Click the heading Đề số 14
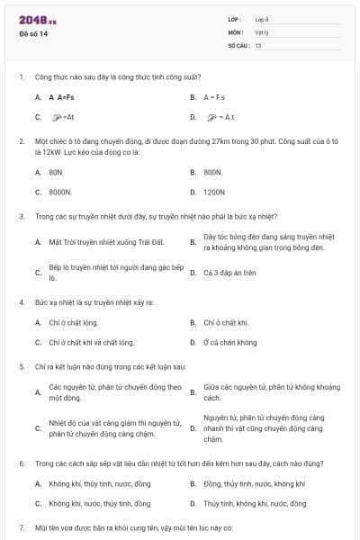click(33, 34)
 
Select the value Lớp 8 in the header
click(262, 20)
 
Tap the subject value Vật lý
click(262, 32)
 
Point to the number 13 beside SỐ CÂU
click(258, 44)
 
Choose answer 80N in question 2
click(57, 171)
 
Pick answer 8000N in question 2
click(60, 192)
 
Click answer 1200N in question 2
click(214, 192)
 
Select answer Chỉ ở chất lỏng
click(73, 321)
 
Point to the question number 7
click(22, 526)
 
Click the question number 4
click(22, 301)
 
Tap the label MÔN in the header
click(236, 32)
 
